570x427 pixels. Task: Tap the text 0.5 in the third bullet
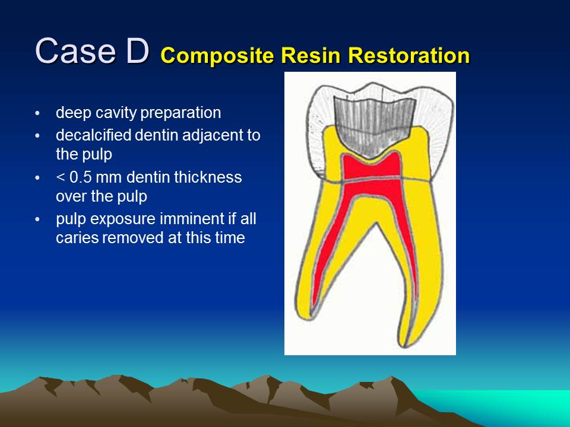(x=80, y=177)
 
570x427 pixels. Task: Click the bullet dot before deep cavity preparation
(x=38, y=113)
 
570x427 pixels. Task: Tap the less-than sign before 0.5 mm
(x=60, y=177)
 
